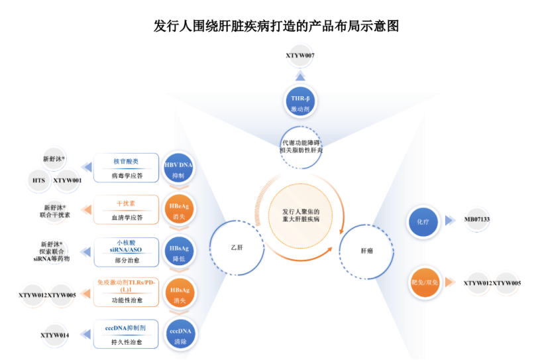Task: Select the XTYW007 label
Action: [300, 55]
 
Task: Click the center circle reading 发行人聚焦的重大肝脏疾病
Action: [300, 214]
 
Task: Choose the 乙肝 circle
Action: [237, 247]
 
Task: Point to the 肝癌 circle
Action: [366, 251]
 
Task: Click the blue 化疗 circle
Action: [423, 220]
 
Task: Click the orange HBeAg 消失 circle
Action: [178, 210]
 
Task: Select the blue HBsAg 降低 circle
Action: [178, 253]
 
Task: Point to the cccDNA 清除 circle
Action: [178, 335]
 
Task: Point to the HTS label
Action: [38, 180]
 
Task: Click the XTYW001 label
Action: [68, 180]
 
